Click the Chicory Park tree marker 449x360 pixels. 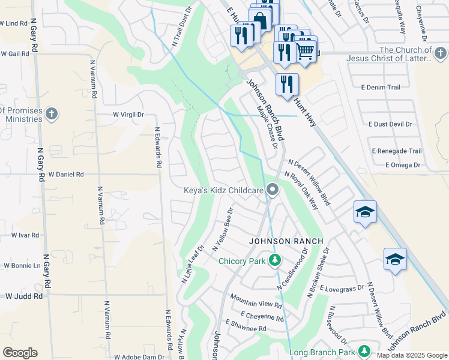click(x=274, y=260)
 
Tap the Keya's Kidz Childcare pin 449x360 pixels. click(x=273, y=191)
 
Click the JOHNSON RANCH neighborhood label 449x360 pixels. click(x=286, y=241)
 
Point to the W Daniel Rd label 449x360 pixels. click(x=66, y=174)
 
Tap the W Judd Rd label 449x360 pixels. click(x=24, y=296)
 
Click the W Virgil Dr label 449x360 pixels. click(x=129, y=114)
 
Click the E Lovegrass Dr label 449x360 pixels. click(x=342, y=289)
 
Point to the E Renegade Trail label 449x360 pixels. click(x=397, y=151)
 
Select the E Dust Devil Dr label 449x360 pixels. click(x=388, y=124)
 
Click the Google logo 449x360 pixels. click(x=20, y=352)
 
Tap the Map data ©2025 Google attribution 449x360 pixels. click(x=412, y=355)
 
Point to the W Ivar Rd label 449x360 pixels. click(x=26, y=235)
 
